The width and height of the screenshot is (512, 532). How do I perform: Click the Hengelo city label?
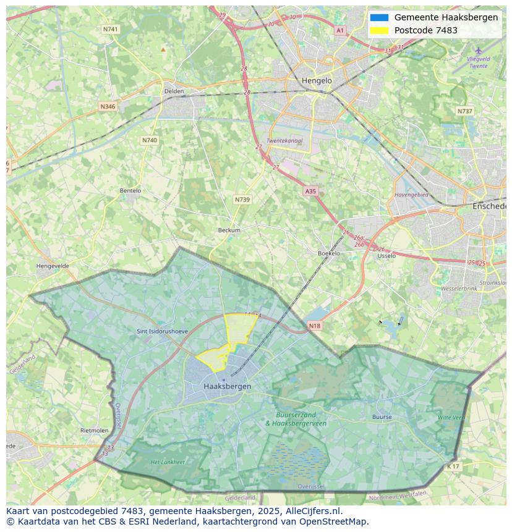(x=317, y=80)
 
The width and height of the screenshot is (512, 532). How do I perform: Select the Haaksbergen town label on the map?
(x=227, y=386)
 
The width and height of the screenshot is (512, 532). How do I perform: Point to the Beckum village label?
(x=229, y=230)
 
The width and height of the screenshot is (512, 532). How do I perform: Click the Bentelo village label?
(x=130, y=191)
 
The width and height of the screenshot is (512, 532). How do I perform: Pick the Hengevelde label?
(x=53, y=266)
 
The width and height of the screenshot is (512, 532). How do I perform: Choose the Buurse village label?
(x=382, y=417)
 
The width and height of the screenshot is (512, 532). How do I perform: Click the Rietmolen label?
(x=94, y=430)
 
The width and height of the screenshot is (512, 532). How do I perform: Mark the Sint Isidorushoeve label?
(x=162, y=331)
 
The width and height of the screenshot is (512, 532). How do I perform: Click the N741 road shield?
(x=111, y=29)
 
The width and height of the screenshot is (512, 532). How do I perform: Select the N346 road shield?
(x=108, y=106)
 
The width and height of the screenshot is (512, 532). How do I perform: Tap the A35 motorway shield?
(x=310, y=192)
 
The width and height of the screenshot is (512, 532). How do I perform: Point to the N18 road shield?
(x=314, y=326)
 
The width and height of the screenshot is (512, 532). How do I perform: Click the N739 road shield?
(x=242, y=200)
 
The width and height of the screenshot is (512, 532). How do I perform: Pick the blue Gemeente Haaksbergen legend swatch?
(x=379, y=17)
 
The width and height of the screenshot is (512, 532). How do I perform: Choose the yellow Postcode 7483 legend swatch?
(x=379, y=30)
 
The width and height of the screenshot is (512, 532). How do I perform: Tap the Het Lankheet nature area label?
(x=168, y=462)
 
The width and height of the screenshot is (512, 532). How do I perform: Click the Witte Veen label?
(x=451, y=418)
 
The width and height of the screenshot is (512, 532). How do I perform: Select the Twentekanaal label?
(x=284, y=141)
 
